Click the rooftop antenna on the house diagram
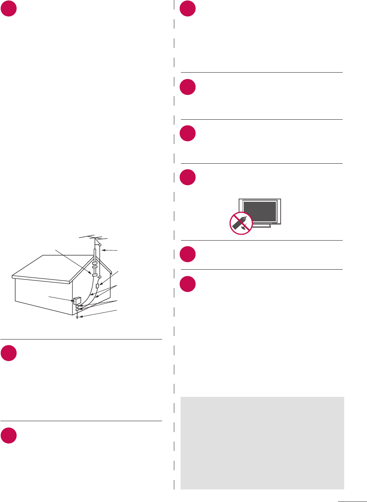[94, 237]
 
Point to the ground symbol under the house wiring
[77, 317]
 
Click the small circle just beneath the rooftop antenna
[100, 248]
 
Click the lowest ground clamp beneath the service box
[77, 310]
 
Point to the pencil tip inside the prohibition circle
[246, 217]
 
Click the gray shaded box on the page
[262, 442]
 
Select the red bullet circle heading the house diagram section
[8, 8]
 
